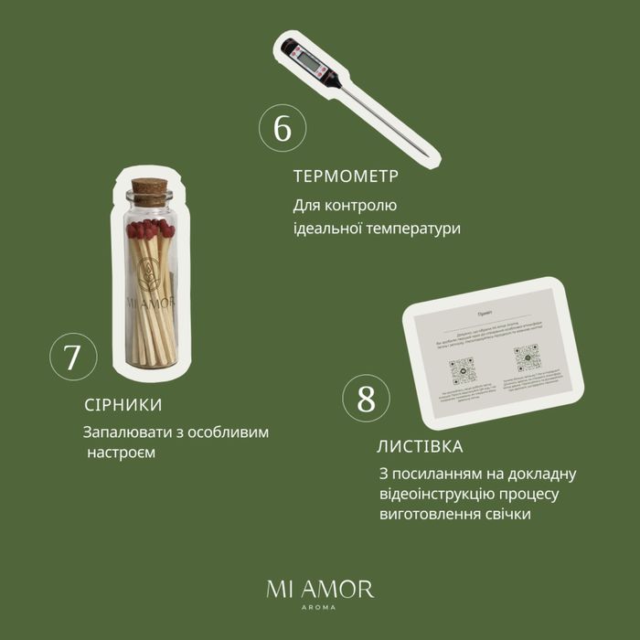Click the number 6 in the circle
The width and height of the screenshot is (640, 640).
(283, 129)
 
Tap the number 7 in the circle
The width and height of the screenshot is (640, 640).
(72, 357)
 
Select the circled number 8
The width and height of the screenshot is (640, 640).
(367, 400)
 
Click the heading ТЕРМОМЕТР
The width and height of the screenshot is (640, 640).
(347, 176)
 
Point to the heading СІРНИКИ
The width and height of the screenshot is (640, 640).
(123, 404)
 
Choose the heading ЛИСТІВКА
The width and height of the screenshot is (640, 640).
(420, 447)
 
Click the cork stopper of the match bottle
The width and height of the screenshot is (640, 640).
(148, 193)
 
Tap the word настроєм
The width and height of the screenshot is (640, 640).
(124, 453)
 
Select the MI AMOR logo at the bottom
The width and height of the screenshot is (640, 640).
(320, 588)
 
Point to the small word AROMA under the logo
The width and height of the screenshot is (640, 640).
(320, 608)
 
